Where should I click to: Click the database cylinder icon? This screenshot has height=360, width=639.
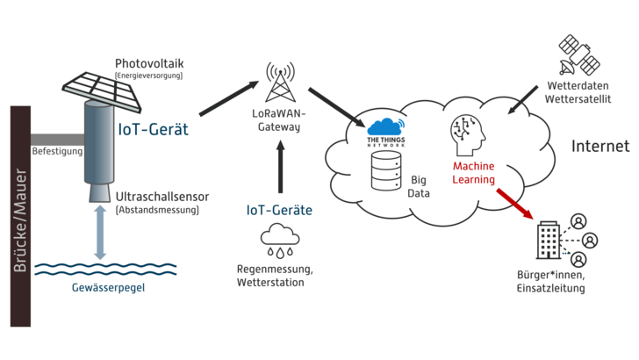point(385,171)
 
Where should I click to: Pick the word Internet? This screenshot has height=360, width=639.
point(600,146)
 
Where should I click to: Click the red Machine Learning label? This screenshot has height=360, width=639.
point(474,172)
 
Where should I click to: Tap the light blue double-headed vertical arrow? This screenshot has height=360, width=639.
point(100,235)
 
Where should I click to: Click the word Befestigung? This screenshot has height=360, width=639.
point(57,151)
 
